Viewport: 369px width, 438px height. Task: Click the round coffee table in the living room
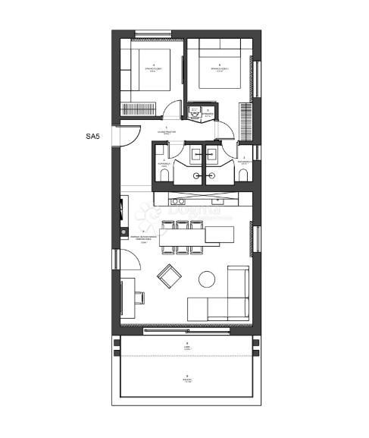point(206,279)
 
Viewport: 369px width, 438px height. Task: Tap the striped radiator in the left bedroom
point(140,106)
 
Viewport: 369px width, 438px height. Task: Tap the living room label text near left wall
point(143,237)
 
